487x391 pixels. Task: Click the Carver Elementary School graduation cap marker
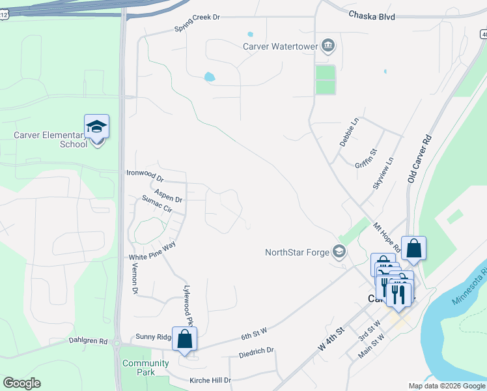(x=96, y=126)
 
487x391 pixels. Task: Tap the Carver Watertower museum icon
(x=329, y=46)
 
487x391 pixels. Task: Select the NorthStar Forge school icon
(x=339, y=252)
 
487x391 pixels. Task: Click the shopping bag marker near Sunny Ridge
(x=185, y=339)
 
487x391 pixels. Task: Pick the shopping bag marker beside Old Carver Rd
(x=413, y=248)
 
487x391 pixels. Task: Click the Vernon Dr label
(x=136, y=278)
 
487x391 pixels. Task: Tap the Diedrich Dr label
(x=256, y=351)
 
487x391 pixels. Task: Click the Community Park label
(x=145, y=368)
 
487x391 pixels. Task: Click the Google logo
(x=22, y=383)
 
